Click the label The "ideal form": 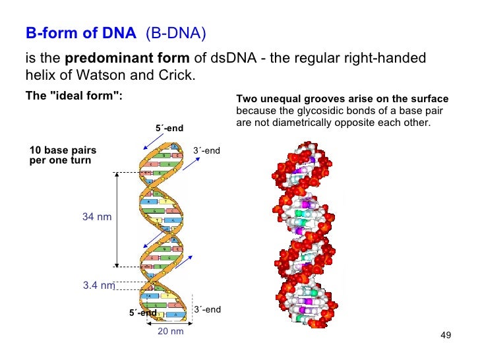(x=74, y=98)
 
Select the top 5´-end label (x=169, y=128)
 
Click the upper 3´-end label (x=206, y=151)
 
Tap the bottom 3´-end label (x=207, y=309)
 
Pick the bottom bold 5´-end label (x=142, y=313)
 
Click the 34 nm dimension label (x=97, y=217)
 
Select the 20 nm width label (x=170, y=331)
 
